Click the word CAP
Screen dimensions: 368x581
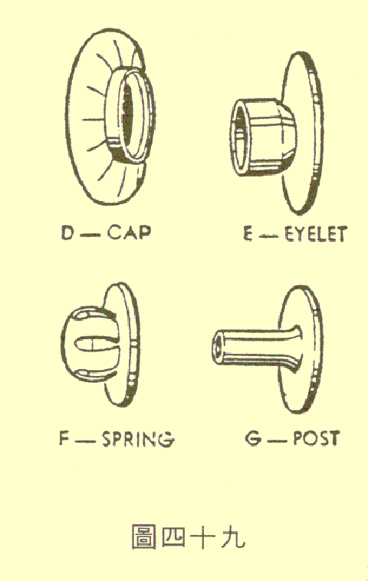point(130,233)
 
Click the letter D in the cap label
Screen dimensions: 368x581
point(68,233)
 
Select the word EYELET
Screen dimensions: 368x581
point(315,234)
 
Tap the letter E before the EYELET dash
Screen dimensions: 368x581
point(249,234)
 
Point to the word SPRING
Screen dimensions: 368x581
point(138,439)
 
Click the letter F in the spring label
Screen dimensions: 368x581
point(65,438)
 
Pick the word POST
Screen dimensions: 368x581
point(317,438)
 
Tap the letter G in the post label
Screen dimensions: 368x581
point(254,439)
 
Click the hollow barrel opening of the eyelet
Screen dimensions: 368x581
point(239,137)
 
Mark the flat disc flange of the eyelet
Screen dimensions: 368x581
point(302,134)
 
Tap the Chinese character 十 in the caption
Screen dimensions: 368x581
point(203,536)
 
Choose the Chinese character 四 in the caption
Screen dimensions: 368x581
point(174,537)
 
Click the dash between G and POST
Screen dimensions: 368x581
point(277,440)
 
